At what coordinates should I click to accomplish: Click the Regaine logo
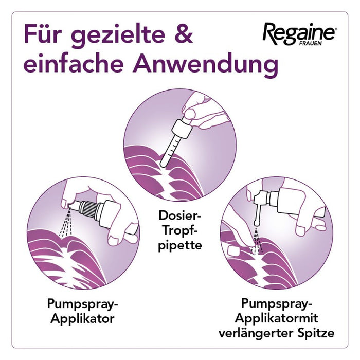[299, 33]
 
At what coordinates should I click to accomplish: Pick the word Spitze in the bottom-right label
[314, 333]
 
